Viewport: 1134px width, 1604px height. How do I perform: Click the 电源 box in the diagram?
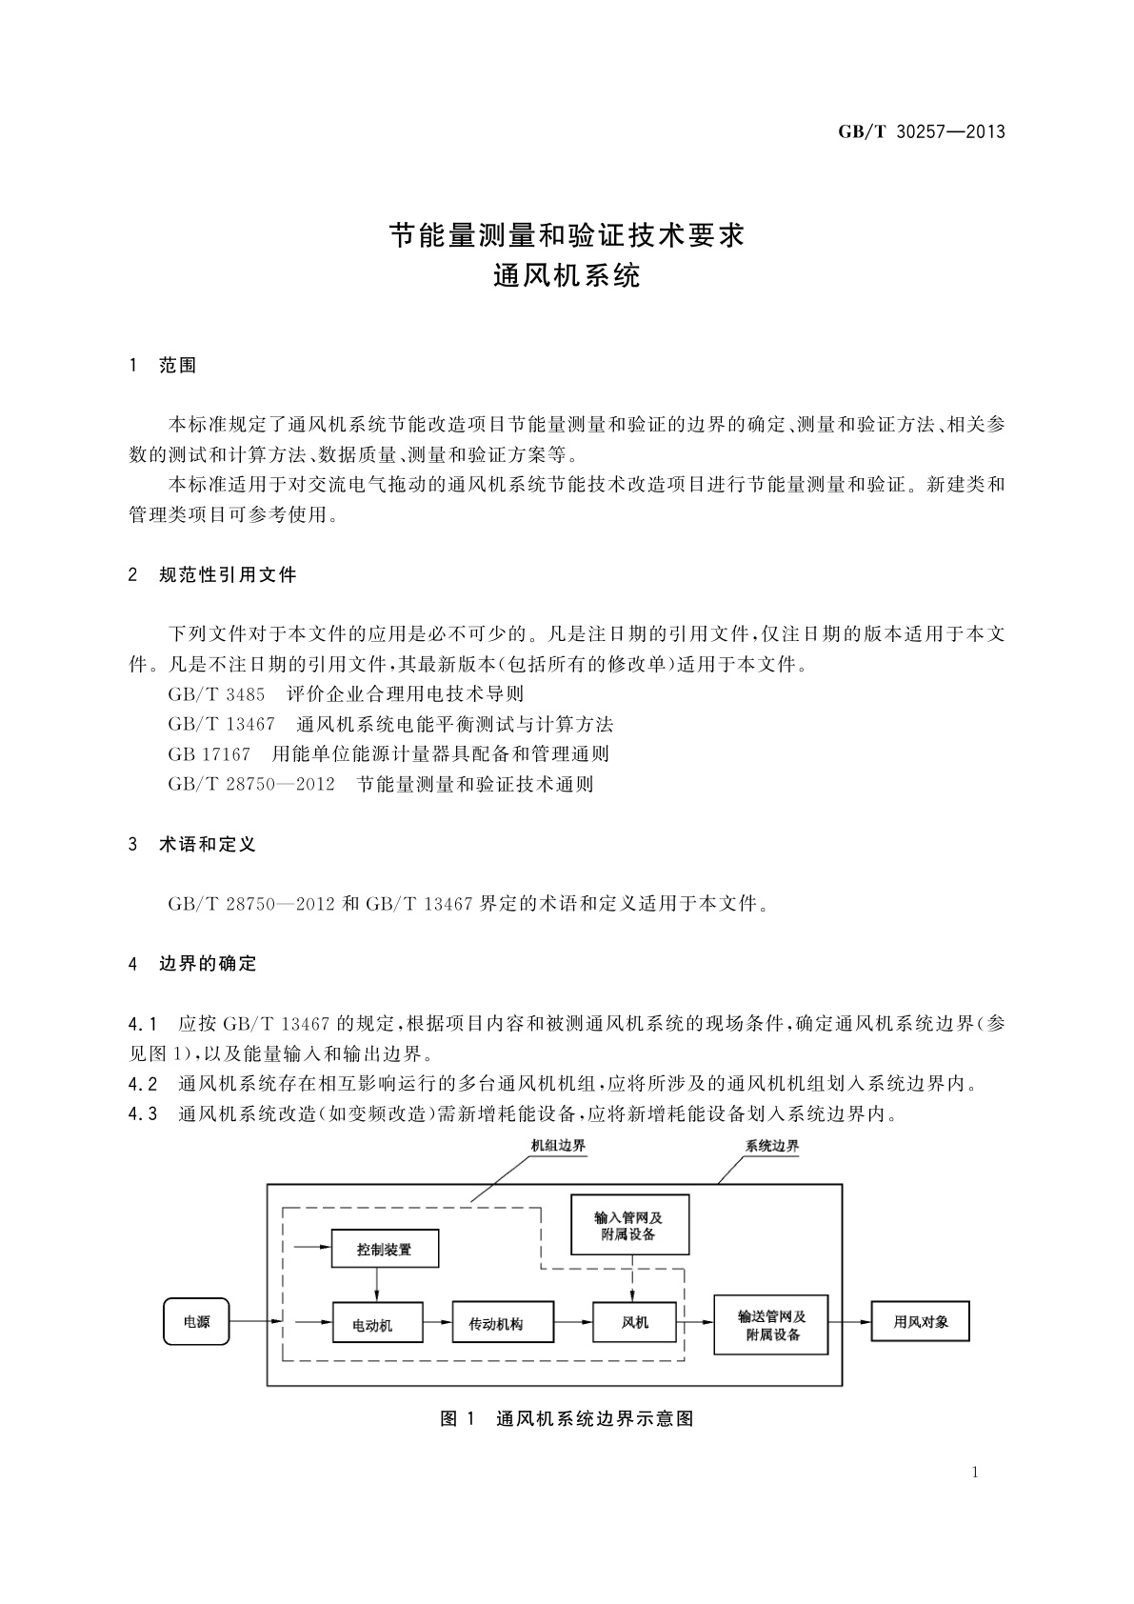click(196, 1321)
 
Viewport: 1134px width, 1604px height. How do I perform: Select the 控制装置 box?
click(385, 1249)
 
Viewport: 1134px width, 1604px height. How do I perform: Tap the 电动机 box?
click(377, 1323)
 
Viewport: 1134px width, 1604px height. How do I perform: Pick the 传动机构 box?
click(496, 1322)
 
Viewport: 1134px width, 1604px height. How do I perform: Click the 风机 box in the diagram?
click(634, 1321)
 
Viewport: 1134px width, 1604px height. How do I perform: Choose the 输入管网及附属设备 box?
click(628, 1225)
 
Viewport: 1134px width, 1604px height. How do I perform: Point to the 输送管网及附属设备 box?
click(771, 1324)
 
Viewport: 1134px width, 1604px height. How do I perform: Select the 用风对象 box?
click(920, 1322)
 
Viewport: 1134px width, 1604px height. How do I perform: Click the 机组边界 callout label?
click(558, 1146)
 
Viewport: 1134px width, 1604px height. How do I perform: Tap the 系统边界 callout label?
click(771, 1146)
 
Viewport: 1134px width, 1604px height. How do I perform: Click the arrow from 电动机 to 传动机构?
click(437, 1322)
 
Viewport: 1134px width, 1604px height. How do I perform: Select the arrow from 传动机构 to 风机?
click(571, 1322)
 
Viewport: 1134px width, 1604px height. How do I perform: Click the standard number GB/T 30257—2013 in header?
click(921, 132)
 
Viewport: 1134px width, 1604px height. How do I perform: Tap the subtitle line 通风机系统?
click(567, 276)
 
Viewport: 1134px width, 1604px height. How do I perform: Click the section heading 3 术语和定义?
click(192, 844)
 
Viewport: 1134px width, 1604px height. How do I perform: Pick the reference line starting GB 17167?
click(388, 753)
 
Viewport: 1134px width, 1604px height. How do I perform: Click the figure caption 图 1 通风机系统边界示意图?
click(567, 1418)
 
